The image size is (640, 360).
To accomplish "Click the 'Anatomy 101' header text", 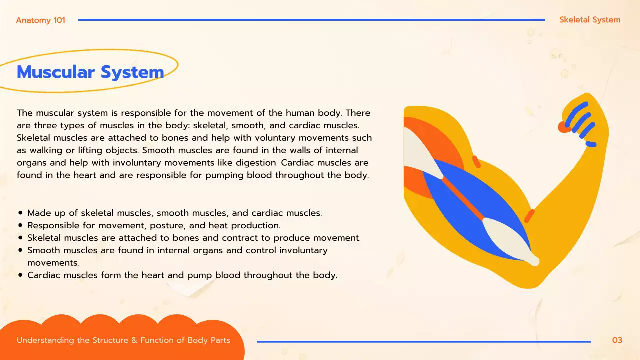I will (40, 20).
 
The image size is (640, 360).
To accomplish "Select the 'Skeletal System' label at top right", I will (590, 20).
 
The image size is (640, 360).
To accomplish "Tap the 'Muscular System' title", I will (90, 72).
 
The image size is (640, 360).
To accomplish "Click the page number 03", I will (617, 340).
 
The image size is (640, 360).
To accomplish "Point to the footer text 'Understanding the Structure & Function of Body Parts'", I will (123, 340).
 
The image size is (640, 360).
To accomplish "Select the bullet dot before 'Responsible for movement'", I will (20, 226).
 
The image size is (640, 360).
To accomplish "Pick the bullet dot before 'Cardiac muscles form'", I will (20, 275).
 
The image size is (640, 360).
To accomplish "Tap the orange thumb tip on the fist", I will (564, 127).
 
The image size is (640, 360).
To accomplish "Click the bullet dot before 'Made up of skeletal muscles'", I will (20, 213).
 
